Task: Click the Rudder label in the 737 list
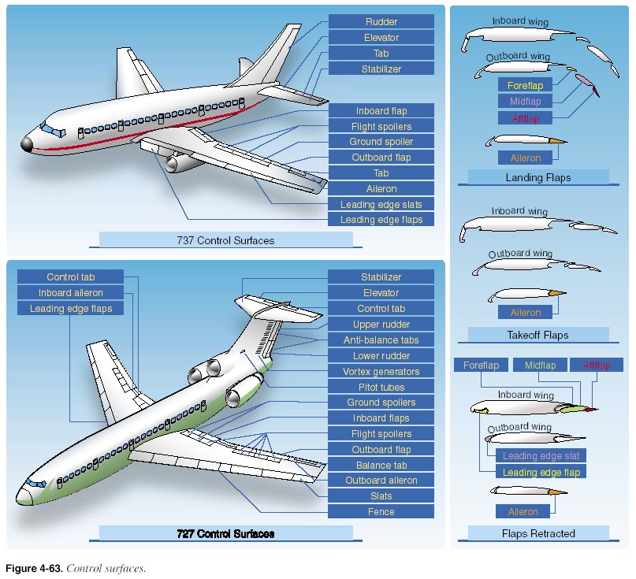point(381,21)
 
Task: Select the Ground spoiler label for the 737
point(381,142)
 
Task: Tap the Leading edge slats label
point(381,204)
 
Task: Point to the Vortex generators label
point(381,371)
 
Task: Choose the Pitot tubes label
point(381,387)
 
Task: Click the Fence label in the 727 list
point(381,512)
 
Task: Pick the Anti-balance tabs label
point(381,340)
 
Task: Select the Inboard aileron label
point(71,293)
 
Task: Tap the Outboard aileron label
point(381,481)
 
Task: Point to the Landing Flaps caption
point(538,177)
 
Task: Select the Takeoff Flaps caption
point(538,335)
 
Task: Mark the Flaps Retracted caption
point(538,533)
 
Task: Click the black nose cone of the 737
point(27,143)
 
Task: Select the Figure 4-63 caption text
point(76,568)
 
